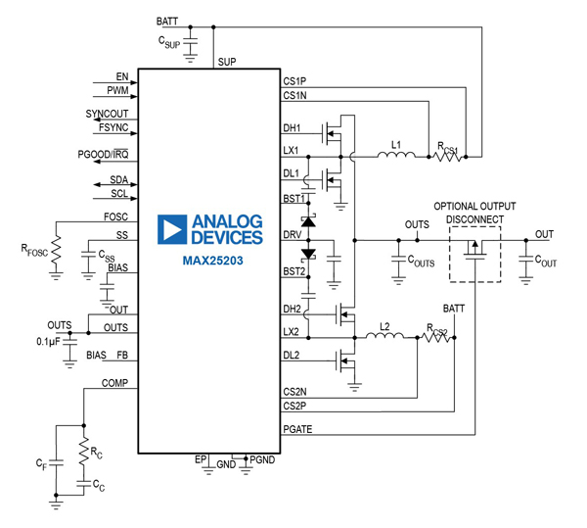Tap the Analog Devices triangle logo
pos(173,229)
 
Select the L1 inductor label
pos(395,144)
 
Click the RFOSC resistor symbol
pos(56,249)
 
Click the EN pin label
pos(122,75)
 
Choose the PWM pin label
pos(118,90)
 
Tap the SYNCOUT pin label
pos(107,114)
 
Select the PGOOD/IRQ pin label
pos(104,154)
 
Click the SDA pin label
pos(117,179)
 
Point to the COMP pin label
pos(115,384)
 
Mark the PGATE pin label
pos(297,427)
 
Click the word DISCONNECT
pos(475,219)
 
